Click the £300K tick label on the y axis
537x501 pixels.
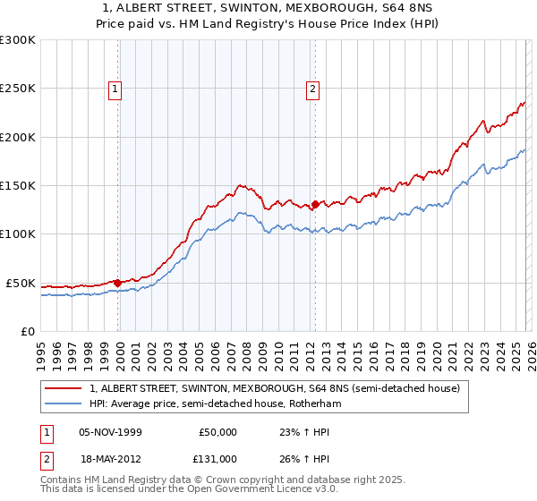click(x=18, y=40)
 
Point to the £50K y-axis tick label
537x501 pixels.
click(x=21, y=283)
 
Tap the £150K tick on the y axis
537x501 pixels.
click(x=18, y=186)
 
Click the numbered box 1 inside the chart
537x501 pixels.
click(x=116, y=89)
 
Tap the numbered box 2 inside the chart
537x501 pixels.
click(x=312, y=89)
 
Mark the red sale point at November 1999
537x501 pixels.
click(x=118, y=283)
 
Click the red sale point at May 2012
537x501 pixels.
click(x=315, y=204)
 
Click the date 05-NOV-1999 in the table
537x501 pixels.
click(x=109, y=432)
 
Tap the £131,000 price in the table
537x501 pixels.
click(x=217, y=458)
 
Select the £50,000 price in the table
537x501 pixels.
click(x=217, y=432)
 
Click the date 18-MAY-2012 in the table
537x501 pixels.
click(x=109, y=458)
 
